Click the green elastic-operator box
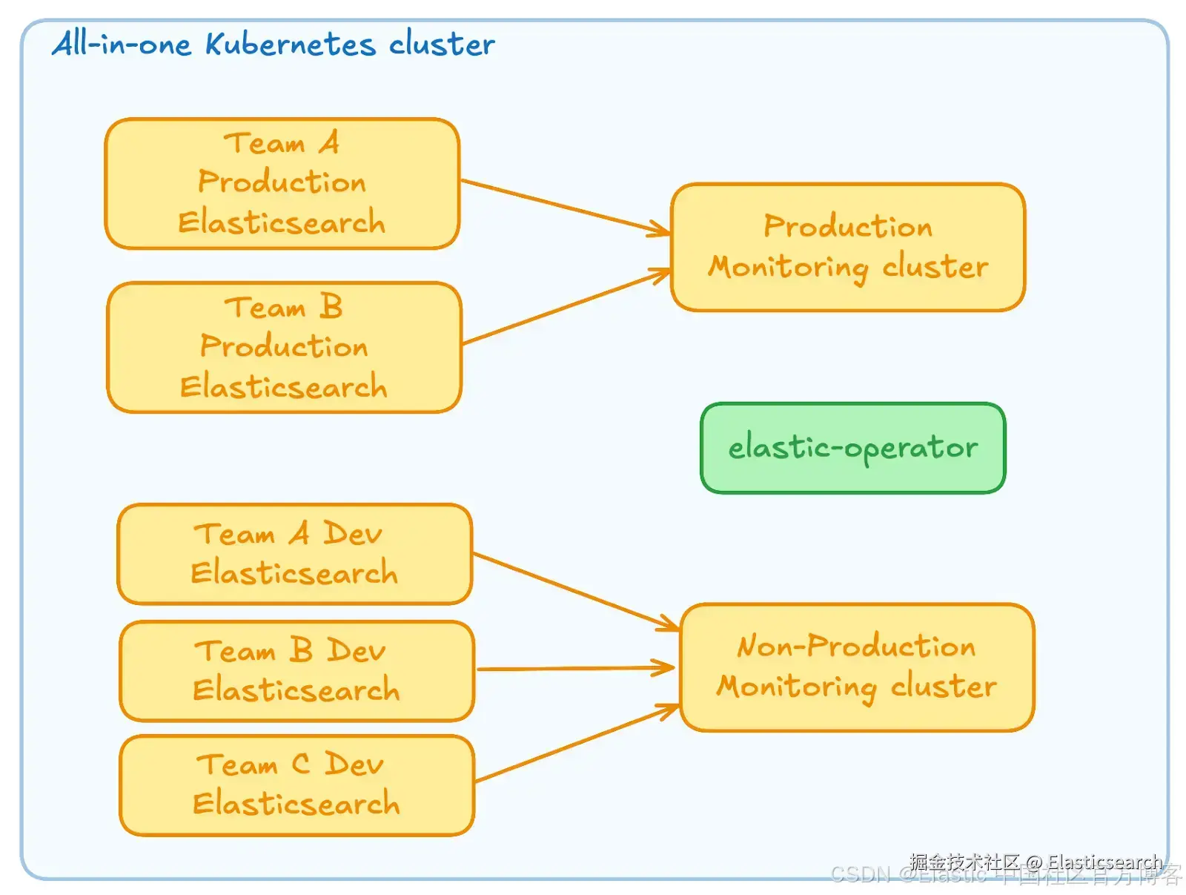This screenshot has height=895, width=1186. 852,448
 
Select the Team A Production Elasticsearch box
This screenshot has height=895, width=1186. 282,183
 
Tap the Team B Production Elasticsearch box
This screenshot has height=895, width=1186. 284,347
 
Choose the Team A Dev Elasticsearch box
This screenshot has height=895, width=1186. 294,554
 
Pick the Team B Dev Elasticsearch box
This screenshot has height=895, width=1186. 296,670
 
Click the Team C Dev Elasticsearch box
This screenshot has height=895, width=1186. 296,785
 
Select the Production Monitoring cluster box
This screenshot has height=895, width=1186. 848,247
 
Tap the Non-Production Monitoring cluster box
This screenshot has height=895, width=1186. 857,667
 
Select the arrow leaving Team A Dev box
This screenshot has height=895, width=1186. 575,592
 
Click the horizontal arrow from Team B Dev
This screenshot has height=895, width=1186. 575,669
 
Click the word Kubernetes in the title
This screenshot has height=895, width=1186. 290,44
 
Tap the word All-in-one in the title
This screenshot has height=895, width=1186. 122,44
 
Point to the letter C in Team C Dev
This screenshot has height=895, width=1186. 300,764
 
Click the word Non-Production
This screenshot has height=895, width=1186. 856,647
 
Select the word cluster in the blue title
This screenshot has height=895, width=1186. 442,44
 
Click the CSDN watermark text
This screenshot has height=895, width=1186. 860,875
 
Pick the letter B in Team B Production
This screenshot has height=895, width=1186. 331,306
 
